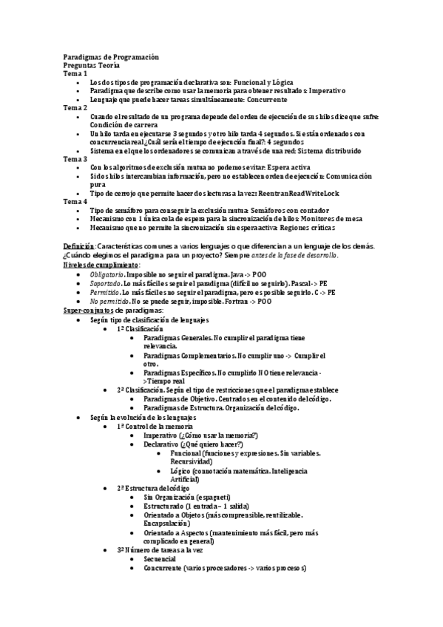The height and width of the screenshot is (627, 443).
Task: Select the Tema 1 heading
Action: click(x=75, y=73)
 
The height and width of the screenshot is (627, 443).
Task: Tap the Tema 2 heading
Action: click(x=75, y=107)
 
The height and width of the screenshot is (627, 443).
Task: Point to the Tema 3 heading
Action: click(x=75, y=158)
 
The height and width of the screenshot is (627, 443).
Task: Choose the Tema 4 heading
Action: click(x=75, y=201)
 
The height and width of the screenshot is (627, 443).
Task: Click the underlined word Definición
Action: click(x=78, y=245)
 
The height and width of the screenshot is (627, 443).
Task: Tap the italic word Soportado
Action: click(x=106, y=282)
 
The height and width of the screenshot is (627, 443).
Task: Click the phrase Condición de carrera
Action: click(x=126, y=124)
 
